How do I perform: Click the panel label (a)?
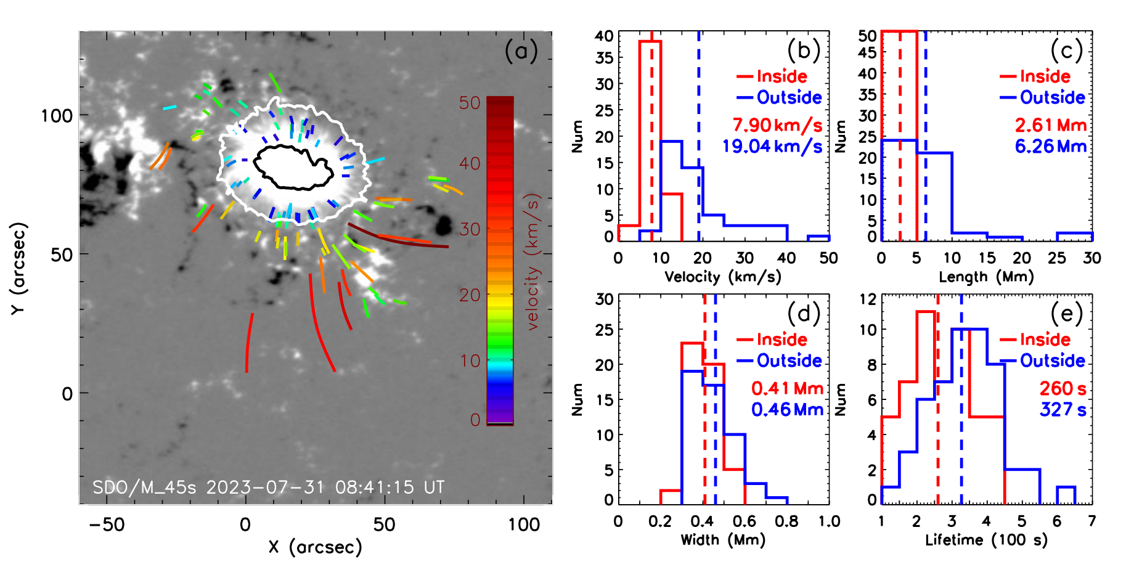point(521,51)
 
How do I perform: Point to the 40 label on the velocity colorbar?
point(470,164)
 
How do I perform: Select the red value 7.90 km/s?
point(777,125)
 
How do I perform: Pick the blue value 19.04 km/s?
point(772,146)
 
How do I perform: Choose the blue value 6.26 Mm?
point(1050,146)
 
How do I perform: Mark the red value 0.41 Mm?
point(787,388)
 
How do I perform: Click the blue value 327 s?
point(1063,409)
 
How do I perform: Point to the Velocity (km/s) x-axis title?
point(722,277)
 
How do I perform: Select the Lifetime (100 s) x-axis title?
point(986,540)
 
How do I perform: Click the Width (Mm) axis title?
point(722,540)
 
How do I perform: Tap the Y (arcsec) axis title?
point(19,268)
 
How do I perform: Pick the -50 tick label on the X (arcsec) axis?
point(107,524)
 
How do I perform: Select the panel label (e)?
point(1066,314)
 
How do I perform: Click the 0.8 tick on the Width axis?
point(787,521)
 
